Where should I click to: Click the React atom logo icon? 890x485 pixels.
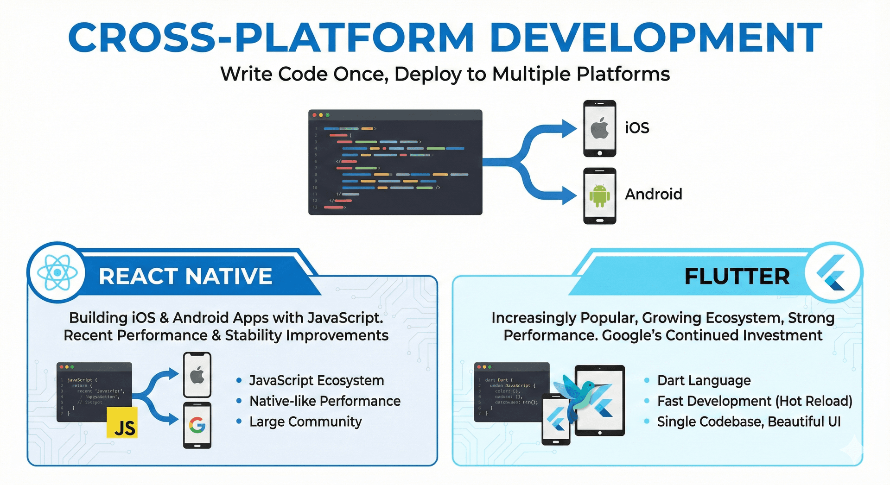click(x=57, y=272)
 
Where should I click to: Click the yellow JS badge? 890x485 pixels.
click(x=122, y=422)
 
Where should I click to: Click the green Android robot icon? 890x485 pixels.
click(x=599, y=195)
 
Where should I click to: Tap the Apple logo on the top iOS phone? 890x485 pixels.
click(x=599, y=128)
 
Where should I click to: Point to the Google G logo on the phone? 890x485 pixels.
click(x=197, y=425)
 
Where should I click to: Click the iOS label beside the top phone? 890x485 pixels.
click(x=637, y=128)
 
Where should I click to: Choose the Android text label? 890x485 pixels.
click(x=653, y=194)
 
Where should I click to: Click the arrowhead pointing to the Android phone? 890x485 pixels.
click(x=569, y=195)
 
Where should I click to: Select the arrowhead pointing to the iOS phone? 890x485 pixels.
click(x=569, y=128)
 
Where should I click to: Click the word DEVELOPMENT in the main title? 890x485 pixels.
click(x=655, y=37)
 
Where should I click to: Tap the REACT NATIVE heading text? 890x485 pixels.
click(x=185, y=277)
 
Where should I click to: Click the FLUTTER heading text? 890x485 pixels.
click(x=737, y=277)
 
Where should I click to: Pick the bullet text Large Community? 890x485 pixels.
click(x=305, y=422)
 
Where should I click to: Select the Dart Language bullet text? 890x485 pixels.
click(x=704, y=381)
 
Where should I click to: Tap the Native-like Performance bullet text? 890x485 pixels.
click(x=325, y=401)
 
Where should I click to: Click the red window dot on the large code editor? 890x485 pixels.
click(x=315, y=115)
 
